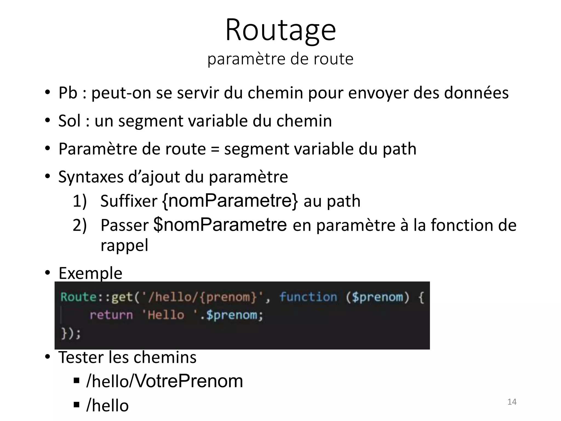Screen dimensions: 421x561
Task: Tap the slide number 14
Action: point(512,402)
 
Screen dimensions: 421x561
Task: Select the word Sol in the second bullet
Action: point(70,121)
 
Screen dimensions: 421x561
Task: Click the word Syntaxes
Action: point(91,177)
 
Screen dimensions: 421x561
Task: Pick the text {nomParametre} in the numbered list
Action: point(230,201)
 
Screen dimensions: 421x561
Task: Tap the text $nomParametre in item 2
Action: point(220,224)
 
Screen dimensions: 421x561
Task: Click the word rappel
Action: point(124,245)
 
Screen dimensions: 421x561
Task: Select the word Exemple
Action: point(90,273)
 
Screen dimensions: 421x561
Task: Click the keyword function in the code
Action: point(308,297)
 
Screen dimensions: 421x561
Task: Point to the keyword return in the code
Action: point(111,315)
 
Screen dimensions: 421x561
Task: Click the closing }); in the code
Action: point(71,334)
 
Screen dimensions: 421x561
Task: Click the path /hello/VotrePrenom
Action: point(164,381)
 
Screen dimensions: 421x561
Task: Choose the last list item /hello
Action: point(107,405)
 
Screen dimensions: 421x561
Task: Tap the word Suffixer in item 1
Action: point(129,201)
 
